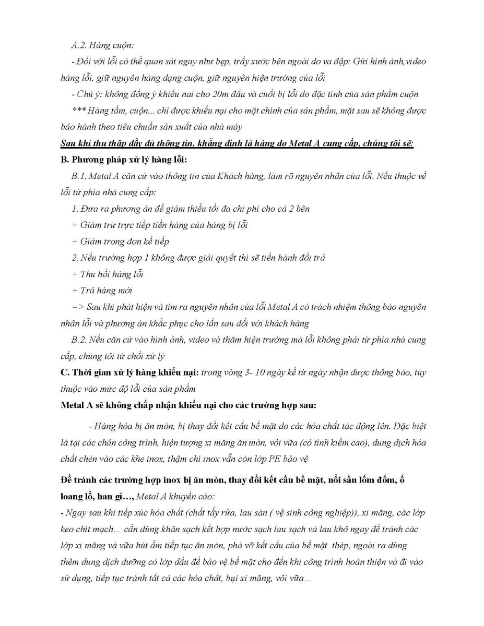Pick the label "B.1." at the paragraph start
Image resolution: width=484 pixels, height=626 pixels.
pos(79,176)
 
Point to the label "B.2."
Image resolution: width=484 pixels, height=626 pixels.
pos(79,340)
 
